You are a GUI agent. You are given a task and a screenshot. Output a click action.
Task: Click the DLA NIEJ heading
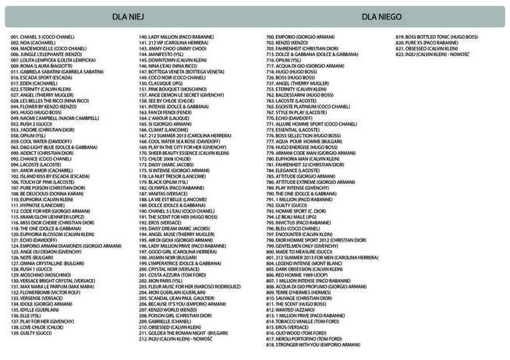124,16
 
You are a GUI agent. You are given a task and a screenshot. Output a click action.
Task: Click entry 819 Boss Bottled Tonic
436,37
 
